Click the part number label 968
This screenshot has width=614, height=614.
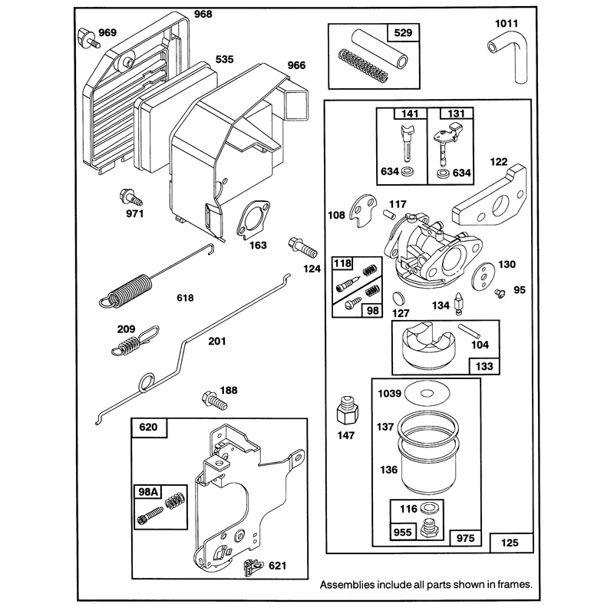point(203,14)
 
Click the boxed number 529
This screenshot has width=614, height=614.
point(403,32)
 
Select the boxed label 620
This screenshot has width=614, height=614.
point(148,427)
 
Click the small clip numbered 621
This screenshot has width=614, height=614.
point(253,566)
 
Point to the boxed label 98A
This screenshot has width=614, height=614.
point(147,492)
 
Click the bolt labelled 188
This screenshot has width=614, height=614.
point(214,400)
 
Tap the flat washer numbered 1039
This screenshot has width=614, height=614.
point(427,393)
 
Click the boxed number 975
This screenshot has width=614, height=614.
point(465,538)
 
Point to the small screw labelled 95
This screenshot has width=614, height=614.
point(500,293)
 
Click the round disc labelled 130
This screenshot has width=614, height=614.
point(484,277)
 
